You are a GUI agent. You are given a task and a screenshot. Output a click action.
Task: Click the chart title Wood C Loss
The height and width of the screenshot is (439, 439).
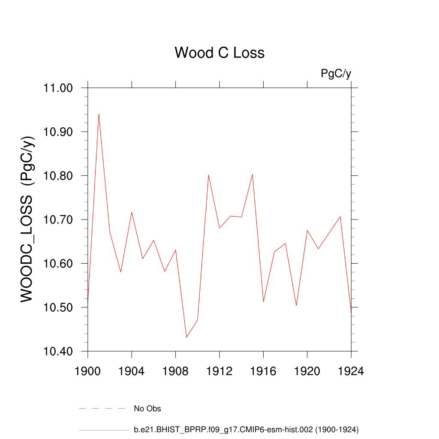(x=219, y=53)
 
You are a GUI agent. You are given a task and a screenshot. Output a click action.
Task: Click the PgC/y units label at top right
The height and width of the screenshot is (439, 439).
(x=336, y=74)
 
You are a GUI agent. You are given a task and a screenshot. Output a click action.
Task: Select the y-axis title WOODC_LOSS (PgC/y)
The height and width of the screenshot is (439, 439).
(x=27, y=220)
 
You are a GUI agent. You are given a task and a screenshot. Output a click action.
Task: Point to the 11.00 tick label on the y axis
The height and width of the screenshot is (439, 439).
(x=59, y=88)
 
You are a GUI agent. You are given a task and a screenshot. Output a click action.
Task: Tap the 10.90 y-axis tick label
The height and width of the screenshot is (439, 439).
(x=59, y=132)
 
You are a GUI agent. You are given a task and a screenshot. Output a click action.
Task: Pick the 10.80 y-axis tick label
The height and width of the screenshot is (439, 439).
(x=59, y=176)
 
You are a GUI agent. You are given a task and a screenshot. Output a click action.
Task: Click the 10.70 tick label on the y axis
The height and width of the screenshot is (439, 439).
(x=59, y=220)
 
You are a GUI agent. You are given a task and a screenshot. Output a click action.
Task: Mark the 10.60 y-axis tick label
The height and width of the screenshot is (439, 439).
(x=59, y=264)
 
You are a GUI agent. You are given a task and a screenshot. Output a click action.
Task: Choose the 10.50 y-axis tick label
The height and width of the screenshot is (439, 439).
(x=59, y=308)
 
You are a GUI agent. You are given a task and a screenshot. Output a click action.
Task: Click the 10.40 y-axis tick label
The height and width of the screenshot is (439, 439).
(x=59, y=352)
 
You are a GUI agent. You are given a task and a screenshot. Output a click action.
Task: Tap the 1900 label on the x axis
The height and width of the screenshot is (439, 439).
(x=88, y=371)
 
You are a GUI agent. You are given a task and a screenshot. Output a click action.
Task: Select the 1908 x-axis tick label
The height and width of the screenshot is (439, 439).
(x=175, y=371)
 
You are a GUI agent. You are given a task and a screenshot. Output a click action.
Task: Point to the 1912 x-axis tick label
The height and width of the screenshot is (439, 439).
(x=219, y=371)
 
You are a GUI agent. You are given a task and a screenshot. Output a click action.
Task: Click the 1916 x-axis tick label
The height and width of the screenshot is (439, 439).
(x=263, y=371)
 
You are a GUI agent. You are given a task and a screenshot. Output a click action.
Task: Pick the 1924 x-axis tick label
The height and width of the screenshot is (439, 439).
(x=351, y=371)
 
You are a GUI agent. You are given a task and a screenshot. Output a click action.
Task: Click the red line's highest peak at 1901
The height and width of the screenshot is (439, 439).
(x=99, y=114)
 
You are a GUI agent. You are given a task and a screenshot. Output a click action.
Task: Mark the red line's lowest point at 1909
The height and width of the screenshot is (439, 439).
(x=186, y=337)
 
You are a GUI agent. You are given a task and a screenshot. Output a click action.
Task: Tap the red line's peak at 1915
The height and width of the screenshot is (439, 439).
(x=253, y=174)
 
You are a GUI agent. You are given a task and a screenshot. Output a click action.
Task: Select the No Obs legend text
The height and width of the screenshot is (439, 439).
(x=147, y=409)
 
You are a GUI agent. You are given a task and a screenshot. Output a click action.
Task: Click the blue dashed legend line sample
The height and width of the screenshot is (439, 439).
(x=102, y=409)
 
